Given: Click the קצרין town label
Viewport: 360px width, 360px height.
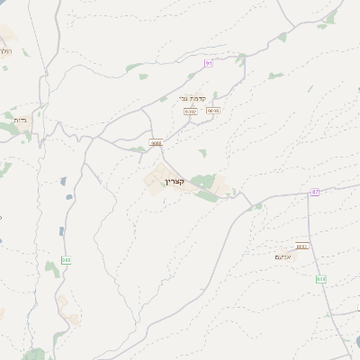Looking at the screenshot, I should tap(174, 182).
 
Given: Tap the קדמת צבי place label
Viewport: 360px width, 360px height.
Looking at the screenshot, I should tap(195, 99).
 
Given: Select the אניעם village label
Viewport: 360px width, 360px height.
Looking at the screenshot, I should tap(282, 256).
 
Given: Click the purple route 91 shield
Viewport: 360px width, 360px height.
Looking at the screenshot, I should tap(209, 63).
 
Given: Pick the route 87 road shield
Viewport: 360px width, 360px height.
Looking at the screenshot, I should tap(315, 192).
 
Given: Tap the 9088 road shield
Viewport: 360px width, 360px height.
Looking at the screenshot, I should tap(157, 142).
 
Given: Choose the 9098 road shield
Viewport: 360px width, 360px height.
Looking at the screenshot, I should tap(213, 111).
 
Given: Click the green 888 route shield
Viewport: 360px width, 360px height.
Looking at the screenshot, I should tap(66, 260).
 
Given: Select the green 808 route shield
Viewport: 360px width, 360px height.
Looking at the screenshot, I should tap(320, 279).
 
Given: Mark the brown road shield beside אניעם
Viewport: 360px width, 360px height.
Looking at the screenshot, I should tap(301, 246).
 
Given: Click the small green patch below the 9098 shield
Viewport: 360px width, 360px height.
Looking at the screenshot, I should tap(202, 153).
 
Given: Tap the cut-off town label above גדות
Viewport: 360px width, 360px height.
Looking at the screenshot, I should tap(5, 51).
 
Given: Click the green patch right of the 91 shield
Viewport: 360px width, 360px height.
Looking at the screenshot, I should tap(240, 60).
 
